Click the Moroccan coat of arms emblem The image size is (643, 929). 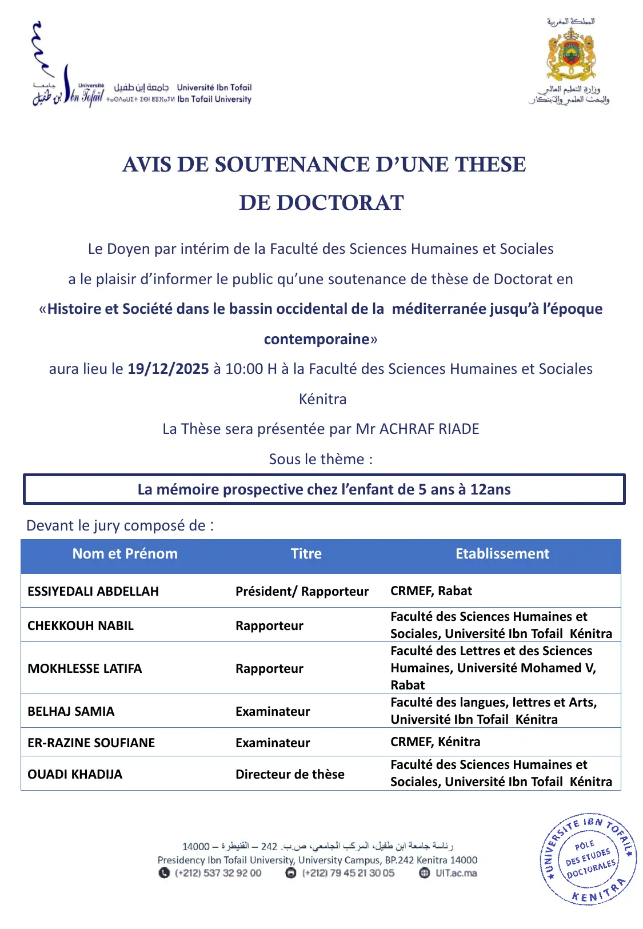[x=570, y=55]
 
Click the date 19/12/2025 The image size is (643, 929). [x=168, y=369]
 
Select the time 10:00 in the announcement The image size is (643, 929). [x=243, y=369]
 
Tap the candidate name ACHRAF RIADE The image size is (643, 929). [x=429, y=429]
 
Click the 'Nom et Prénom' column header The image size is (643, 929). [x=125, y=553]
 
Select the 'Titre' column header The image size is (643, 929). [x=306, y=553]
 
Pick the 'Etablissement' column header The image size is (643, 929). [x=502, y=553]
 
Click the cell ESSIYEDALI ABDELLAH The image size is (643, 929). [x=93, y=591]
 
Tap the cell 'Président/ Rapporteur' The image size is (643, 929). [x=302, y=591]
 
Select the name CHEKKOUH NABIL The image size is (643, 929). [x=81, y=625]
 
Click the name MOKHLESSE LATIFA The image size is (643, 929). [x=85, y=668]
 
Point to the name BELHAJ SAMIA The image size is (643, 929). [x=71, y=711]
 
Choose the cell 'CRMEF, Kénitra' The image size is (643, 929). [x=435, y=741]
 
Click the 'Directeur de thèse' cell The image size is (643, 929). [x=290, y=774]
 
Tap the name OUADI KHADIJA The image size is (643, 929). [x=75, y=774]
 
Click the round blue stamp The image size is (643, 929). [x=589, y=859]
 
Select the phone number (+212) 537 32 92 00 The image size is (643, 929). [x=218, y=873]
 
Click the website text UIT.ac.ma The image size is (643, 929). [x=456, y=873]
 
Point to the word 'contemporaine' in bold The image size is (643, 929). [x=317, y=339]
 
